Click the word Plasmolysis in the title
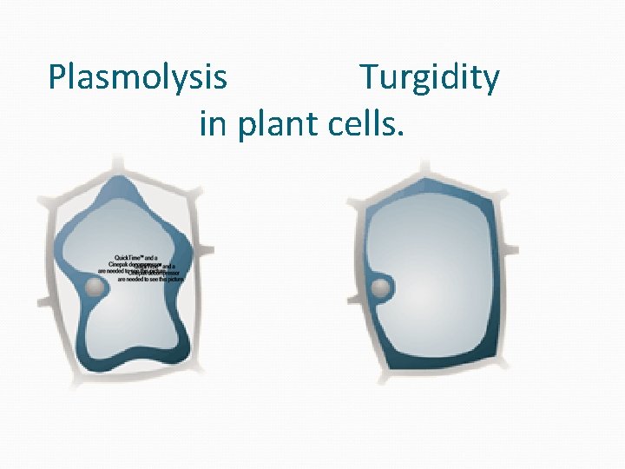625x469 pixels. (138, 78)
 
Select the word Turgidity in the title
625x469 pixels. (430, 78)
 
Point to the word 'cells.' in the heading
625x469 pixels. (366, 124)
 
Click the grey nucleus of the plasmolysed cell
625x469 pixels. (94, 287)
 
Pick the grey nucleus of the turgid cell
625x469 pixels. (379, 288)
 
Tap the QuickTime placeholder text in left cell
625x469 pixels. (143, 269)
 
